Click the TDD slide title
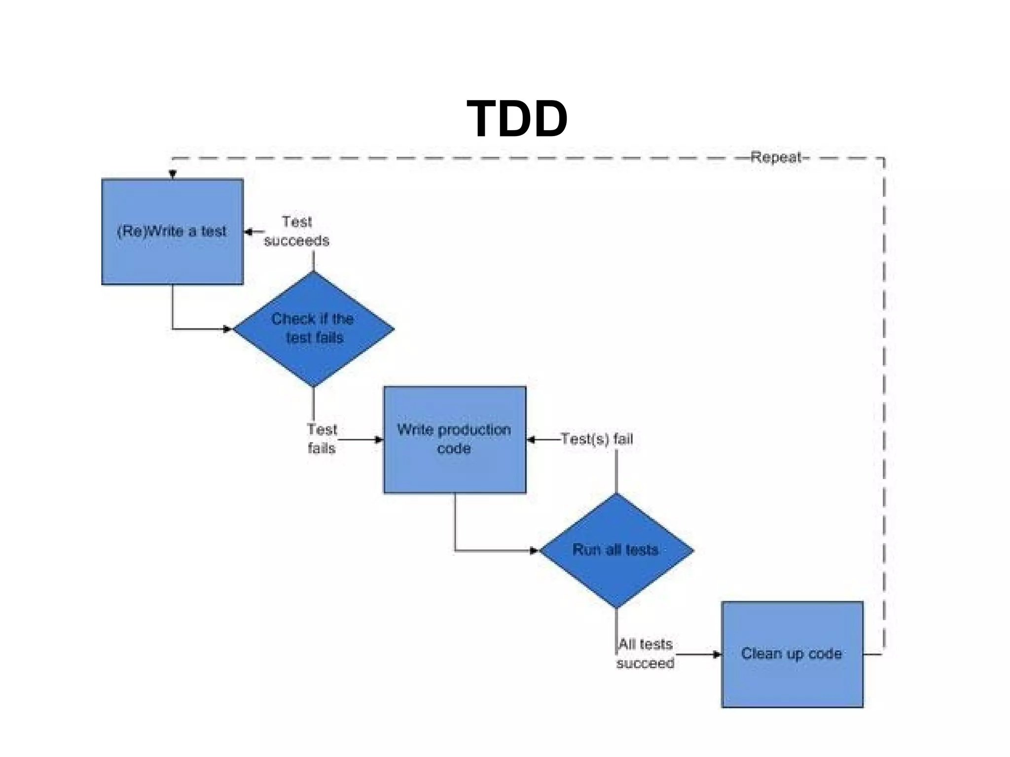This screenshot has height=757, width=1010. coord(517,119)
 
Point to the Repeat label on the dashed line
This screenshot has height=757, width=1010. coord(776,157)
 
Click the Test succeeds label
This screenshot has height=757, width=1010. coord(296,231)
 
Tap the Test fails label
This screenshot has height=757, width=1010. coord(322,439)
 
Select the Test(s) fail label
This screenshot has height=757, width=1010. coord(597,439)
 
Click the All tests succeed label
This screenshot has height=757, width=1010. coord(645,654)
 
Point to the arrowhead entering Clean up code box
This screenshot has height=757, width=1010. coord(718,654)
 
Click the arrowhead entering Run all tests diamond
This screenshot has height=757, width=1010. coord(534,551)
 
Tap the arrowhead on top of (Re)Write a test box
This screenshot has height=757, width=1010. coord(173,174)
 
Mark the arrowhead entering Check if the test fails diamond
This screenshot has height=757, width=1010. coord(227,329)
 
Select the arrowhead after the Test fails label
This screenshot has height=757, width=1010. coord(379,439)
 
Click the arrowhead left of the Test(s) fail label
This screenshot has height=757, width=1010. coord(531,439)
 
